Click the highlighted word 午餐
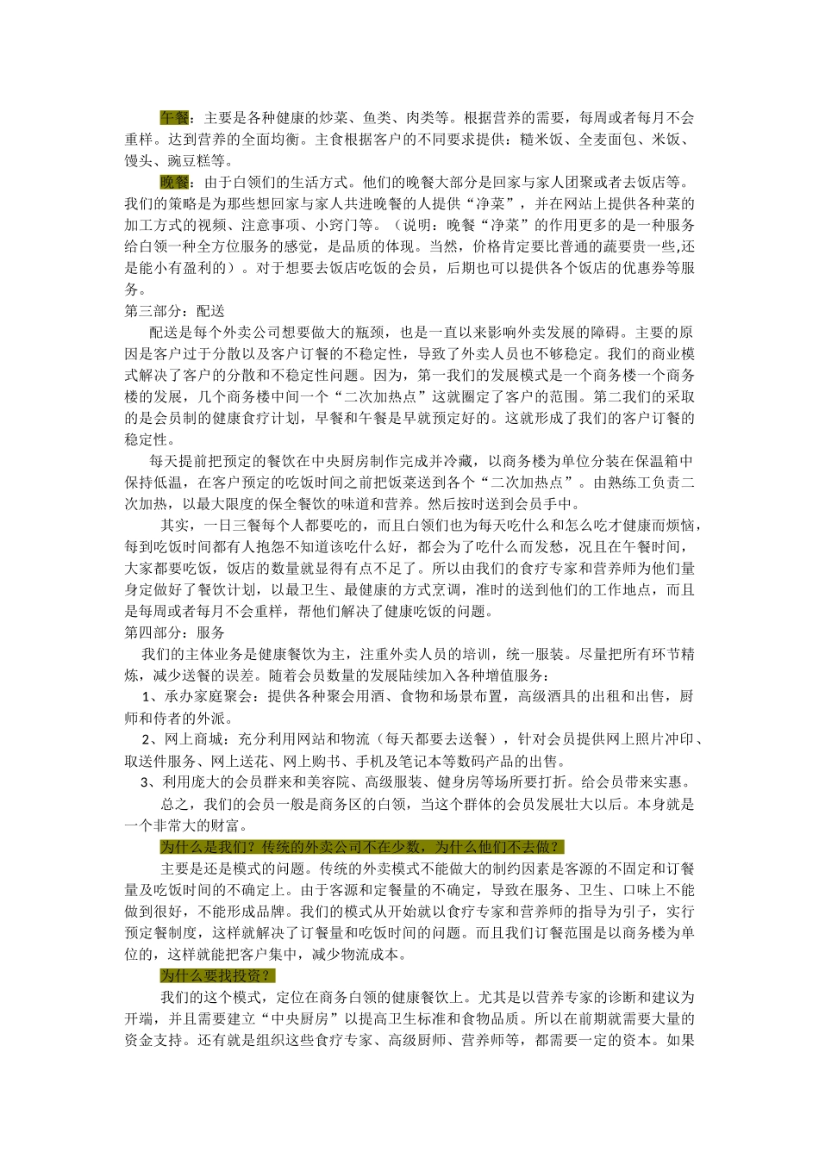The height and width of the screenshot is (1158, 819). pos(174,118)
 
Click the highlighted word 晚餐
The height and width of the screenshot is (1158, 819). pos(174,183)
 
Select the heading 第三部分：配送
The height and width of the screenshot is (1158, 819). pos(175,311)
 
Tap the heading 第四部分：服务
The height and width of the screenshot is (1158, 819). pos(175,632)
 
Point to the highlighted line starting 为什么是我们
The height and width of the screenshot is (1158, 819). pos(362,847)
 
